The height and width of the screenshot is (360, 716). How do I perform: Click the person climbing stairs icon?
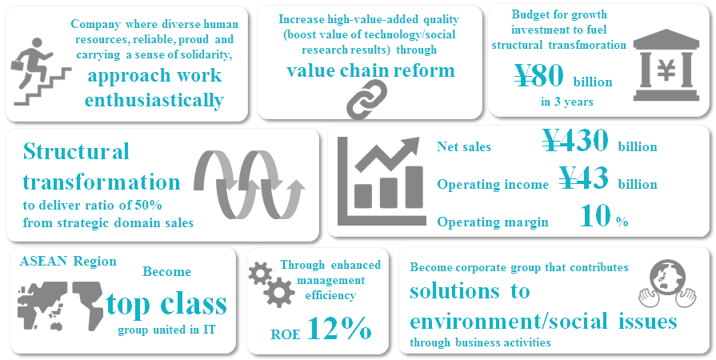40,72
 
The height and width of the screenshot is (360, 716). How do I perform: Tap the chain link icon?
366,99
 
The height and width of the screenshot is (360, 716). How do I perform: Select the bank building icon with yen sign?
666,66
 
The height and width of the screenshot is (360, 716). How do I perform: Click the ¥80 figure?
539,76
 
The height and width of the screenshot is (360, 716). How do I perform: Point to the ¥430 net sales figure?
575,140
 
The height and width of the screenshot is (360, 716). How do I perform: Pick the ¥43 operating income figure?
583,178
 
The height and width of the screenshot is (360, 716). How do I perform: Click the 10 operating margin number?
595,216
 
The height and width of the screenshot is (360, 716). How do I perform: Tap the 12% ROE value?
339,329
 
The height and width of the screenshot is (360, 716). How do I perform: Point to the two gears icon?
271,285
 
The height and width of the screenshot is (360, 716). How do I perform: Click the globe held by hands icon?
667,284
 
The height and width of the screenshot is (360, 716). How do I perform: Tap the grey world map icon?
60,305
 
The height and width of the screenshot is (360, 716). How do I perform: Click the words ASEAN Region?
68,262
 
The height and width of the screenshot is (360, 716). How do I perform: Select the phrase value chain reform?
370,70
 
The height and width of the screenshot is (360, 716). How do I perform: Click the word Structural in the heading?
76,152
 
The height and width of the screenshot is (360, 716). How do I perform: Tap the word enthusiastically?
154,100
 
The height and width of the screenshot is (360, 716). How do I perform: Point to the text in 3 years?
567,102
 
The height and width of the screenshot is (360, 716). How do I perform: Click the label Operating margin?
493,222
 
